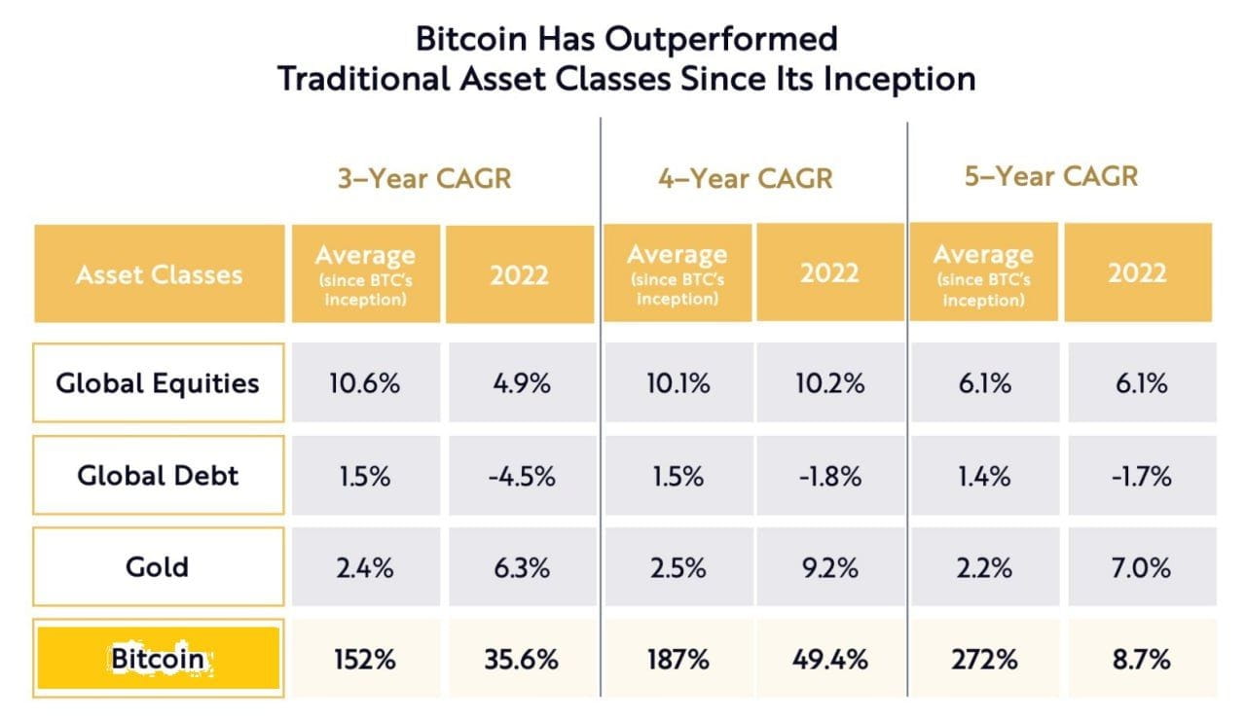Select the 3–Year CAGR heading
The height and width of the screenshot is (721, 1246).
422,179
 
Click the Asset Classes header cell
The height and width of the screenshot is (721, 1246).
159,274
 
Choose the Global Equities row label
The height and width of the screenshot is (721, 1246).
158,382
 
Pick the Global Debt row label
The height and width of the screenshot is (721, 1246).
158,476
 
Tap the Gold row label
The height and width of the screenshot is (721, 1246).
158,566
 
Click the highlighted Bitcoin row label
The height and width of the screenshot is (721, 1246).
158,659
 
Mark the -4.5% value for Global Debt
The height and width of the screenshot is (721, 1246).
521,477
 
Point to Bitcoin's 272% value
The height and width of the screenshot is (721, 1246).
984,660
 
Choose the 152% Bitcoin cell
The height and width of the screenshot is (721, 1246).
364,660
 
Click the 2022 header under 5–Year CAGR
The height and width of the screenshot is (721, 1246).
1137,272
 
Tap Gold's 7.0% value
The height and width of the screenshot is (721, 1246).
1138,567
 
